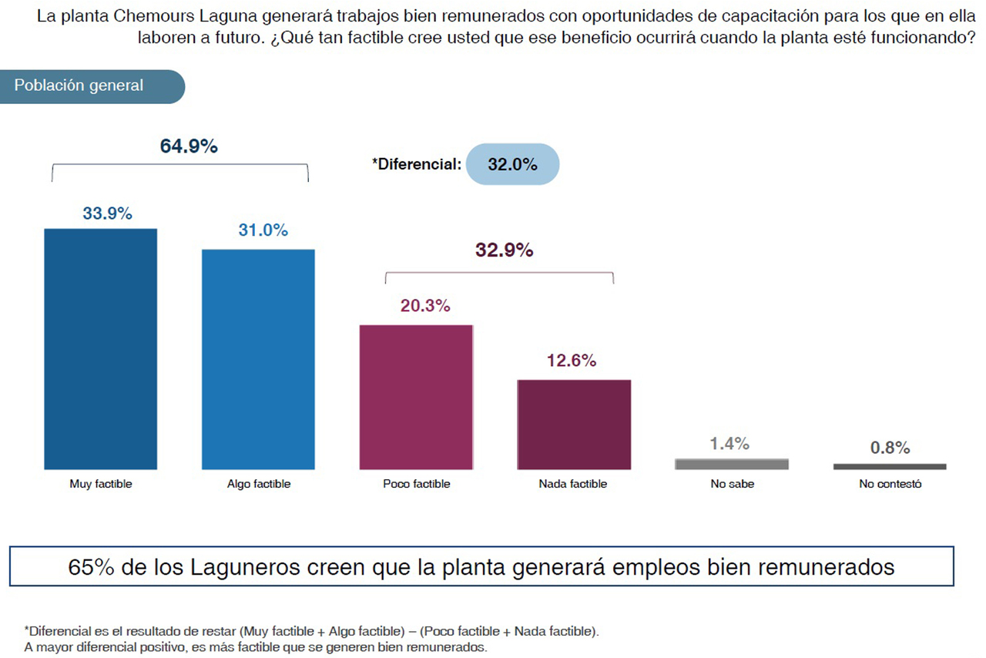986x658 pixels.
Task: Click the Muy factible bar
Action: [x=101, y=349]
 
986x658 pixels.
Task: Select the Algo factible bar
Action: [x=258, y=359]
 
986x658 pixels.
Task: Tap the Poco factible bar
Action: [x=416, y=397]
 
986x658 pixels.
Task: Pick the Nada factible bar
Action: [x=574, y=425]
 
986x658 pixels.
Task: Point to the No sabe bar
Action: [x=732, y=464]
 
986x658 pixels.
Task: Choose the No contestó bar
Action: [x=890, y=466]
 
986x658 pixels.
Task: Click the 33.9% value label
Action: [x=107, y=213]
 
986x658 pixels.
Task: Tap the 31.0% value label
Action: [x=263, y=230]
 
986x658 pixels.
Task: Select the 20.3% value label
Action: [x=424, y=306]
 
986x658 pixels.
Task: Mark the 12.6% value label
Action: [x=571, y=361]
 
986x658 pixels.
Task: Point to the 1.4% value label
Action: [x=729, y=443]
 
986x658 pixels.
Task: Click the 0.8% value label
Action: [x=890, y=448]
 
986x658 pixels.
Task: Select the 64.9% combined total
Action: [x=189, y=146]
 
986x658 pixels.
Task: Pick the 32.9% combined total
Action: [x=504, y=250]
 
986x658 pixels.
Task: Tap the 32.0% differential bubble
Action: [x=512, y=164]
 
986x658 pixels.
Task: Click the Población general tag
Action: [x=79, y=86]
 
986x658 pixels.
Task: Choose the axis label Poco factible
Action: [x=416, y=484]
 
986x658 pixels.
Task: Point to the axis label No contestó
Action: [x=890, y=484]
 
